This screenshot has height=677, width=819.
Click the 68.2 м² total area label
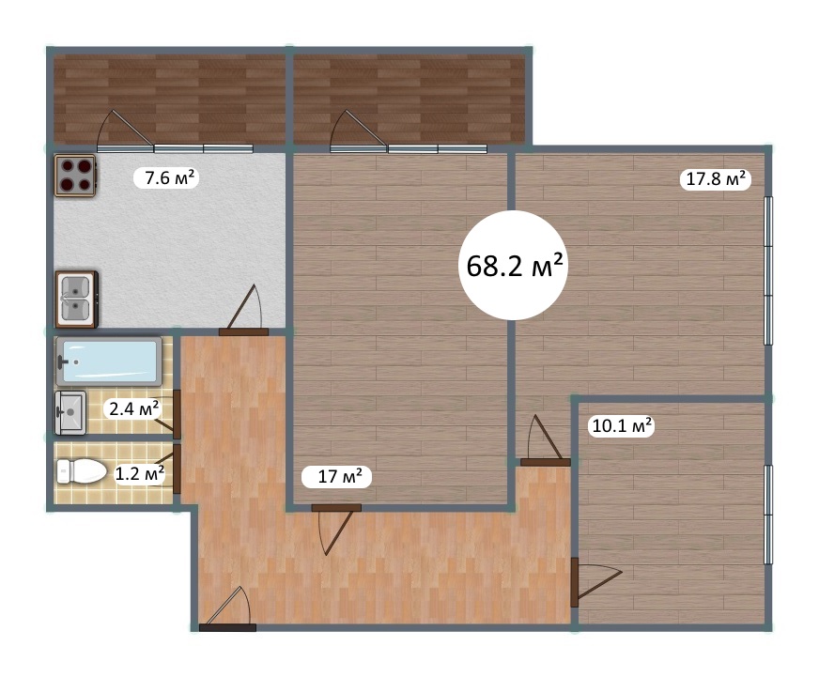pyautogui.click(x=514, y=266)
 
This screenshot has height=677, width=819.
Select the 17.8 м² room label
pyautogui.click(x=715, y=179)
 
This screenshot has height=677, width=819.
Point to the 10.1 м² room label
pyautogui.click(x=622, y=425)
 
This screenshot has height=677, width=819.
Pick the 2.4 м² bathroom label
pyautogui.click(x=134, y=408)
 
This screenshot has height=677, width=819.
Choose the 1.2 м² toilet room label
pyautogui.click(x=139, y=474)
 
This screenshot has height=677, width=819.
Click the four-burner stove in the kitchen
pyautogui.click(x=75, y=176)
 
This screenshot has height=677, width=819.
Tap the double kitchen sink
pyautogui.click(x=76, y=300)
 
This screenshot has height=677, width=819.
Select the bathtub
pyautogui.click(x=109, y=362)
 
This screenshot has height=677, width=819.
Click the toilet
pyautogui.click(x=81, y=471)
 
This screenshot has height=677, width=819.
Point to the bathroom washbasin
pyautogui.click(x=70, y=412)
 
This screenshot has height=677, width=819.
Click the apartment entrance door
pyautogui.click(x=227, y=609)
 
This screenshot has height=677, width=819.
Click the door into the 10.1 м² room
pyautogui.click(x=596, y=582)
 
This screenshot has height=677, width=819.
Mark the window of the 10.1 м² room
pyautogui.click(x=768, y=515)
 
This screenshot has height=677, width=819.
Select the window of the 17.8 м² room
pyautogui.click(x=768, y=270)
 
